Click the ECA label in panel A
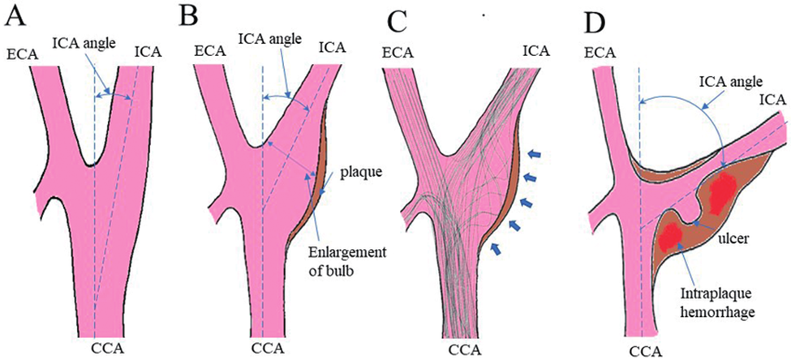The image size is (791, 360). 19,54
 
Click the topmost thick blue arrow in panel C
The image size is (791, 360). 532,152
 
